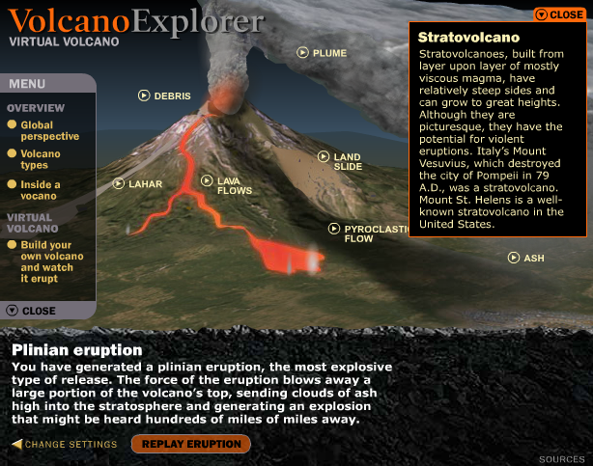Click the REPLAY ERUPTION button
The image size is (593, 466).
coord(191,444)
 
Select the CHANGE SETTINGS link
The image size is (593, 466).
coord(65,444)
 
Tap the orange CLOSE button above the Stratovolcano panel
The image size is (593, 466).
coord(560,14)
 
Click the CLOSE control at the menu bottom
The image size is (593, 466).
coord(31,311)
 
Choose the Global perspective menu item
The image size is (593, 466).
coord(43,130)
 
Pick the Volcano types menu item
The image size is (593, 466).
coord(34,159)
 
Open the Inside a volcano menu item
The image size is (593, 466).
coord(34,190)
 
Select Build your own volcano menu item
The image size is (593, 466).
coord(45,261)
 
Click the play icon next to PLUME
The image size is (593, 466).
coord(302,52)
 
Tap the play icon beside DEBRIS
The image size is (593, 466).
coord(144,96)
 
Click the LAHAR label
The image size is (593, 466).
coord(145,184)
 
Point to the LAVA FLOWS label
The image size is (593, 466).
coord(235,185)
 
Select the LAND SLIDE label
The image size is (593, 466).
coord(348,161)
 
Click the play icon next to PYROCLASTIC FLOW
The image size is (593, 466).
coord(334,229)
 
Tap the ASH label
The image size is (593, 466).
coord(534,259)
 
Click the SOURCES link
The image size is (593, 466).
coord(561,459)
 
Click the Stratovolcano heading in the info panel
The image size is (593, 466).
coord(468,37)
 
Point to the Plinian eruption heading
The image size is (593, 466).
coord(77,350)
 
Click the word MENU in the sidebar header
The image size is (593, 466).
coord(27,84)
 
